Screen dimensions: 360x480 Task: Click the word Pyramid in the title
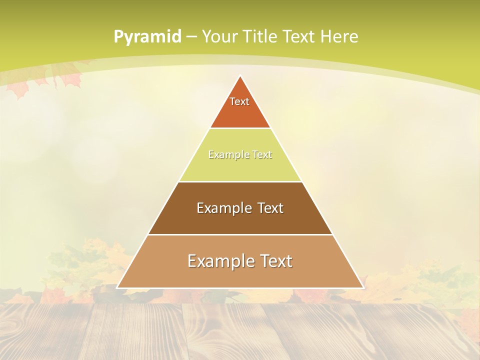point(147,37)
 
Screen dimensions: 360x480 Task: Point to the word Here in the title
point(339,36)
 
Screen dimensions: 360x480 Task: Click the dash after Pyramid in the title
point(191,37)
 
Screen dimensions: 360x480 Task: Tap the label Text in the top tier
point(239,101)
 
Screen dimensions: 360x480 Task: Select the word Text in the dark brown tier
point(270,208)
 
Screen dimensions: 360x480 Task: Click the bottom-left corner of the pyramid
point(117,287)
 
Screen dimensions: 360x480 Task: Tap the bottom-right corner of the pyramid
point(363,287)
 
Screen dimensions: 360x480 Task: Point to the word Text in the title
point(299,36)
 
